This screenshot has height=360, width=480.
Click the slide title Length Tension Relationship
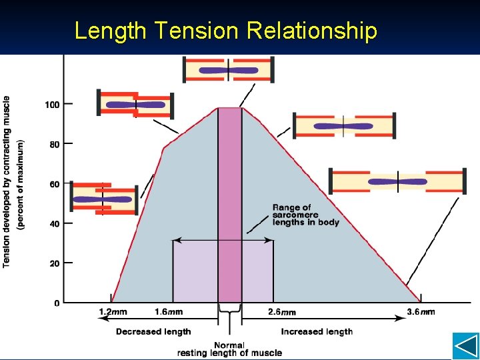225,31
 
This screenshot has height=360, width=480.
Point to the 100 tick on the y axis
52,104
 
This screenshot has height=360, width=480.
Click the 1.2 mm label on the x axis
113,311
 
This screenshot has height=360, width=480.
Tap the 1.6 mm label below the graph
169,311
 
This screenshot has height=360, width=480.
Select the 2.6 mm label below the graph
282,311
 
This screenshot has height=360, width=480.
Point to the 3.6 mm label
421,311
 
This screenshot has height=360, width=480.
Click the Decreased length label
153,331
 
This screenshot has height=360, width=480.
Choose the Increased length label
317,331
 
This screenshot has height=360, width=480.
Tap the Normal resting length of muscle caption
229,349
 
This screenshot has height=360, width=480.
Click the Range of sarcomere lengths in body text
305,215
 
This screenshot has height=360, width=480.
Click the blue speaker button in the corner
465,346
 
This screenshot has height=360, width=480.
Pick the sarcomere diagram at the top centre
229,70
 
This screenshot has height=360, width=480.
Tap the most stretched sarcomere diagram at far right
397,181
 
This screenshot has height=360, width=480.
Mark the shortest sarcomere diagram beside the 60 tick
103,199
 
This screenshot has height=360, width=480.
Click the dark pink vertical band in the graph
229,200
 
